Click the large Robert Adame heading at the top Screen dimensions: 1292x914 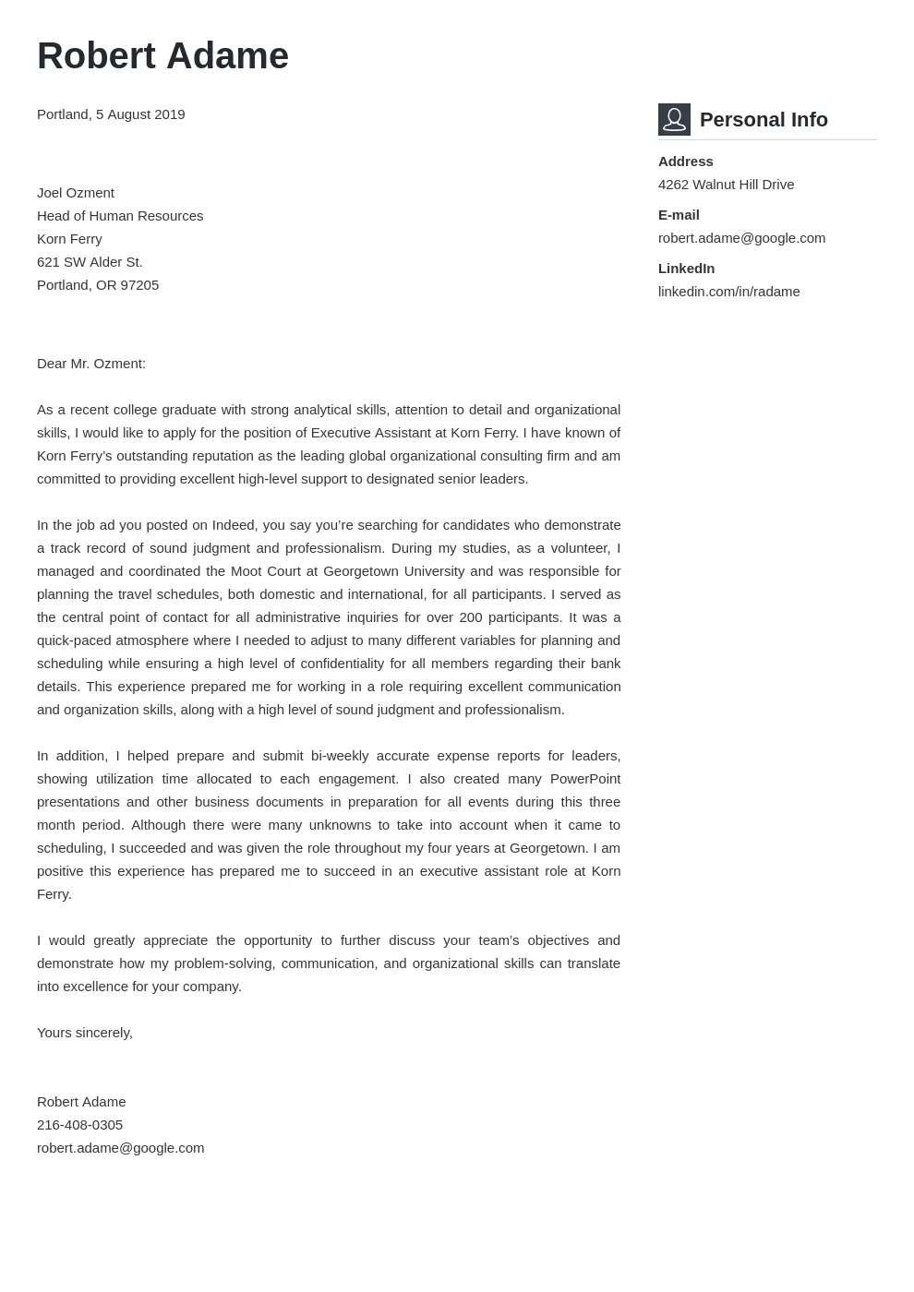click(x=162, y=56)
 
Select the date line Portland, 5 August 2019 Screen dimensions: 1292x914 click(x=111, y=114)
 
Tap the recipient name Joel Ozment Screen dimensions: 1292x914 click(x=76, y=193)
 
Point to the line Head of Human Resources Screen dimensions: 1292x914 click(x=120, y=216)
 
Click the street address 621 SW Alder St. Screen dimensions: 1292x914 click(x=90, y=262)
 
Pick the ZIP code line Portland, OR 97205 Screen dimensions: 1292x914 click(x=98, y=285)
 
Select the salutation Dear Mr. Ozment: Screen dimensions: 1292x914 click(x=91, y=364)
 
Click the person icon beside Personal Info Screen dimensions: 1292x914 click(x=674, y=120)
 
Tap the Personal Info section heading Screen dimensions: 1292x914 click(x=764, y=120)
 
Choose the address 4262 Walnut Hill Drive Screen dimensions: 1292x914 click(x=726, y=185)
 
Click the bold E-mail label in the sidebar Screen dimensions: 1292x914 click(x=679, y=215)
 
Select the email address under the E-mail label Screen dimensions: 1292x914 click(x=741, y=238)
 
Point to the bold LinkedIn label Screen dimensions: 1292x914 click(x=686, y=269)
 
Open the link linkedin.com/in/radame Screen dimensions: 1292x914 click(x=728, y=292)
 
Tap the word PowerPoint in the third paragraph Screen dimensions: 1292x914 click(x=584, y=779)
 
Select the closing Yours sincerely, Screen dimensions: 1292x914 click(x=85, y=1033)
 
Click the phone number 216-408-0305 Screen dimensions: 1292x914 click(x=79, y=1125)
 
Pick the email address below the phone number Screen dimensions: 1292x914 click(x=120, y=1148)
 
